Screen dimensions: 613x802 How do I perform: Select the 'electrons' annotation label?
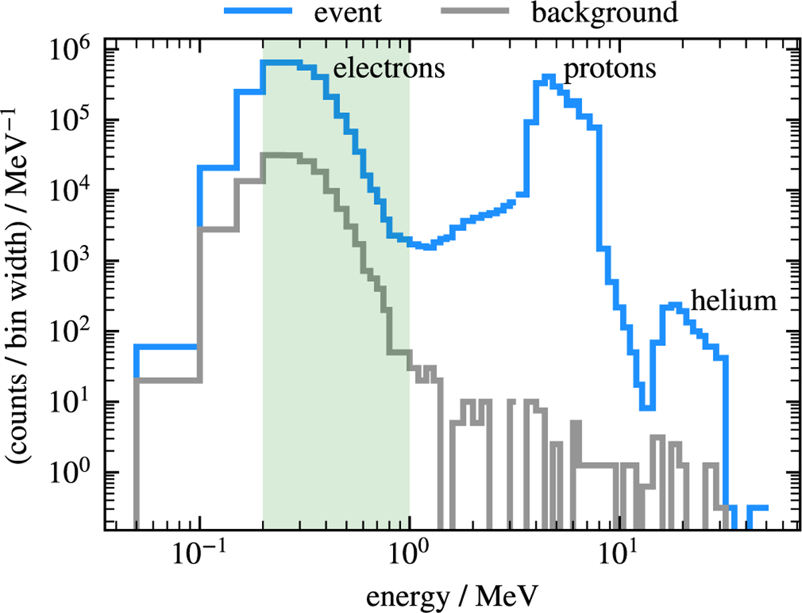click(x=389, y=69)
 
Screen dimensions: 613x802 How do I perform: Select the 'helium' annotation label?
click(x=734, y=302)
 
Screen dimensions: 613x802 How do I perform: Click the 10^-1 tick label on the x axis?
click(x=199, y=552)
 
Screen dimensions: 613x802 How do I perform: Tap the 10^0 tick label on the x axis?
click(x=409, y=552)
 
